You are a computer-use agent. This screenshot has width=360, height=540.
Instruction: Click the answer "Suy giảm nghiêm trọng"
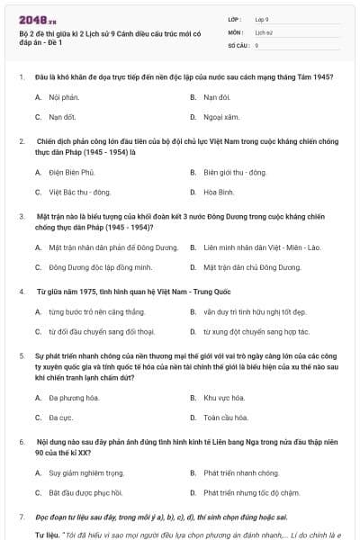(86, 472)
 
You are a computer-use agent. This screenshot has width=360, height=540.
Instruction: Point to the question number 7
(21, 518)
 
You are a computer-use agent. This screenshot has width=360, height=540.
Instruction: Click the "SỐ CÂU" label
(238, 44)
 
